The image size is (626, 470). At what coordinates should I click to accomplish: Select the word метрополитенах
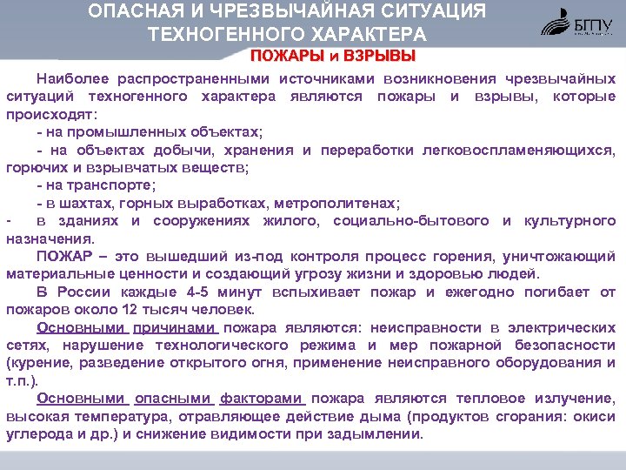tap(343, 203)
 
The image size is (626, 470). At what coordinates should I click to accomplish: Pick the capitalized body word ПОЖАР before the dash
tap(62, 256)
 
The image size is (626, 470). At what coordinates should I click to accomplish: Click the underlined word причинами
tap(173, 328)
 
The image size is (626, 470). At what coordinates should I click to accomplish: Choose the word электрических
tap(566, 328)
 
